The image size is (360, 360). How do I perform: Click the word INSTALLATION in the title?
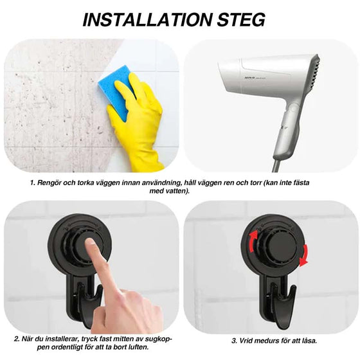pyautogui.click(x=147, y=19)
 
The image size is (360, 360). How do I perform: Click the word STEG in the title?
pyautogui.click(x=241, y=19)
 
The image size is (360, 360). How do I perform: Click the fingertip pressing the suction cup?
pyautogui.click(x=90, y=244)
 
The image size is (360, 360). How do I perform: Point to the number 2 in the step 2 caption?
pyautogui.click(x=16, y=339)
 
